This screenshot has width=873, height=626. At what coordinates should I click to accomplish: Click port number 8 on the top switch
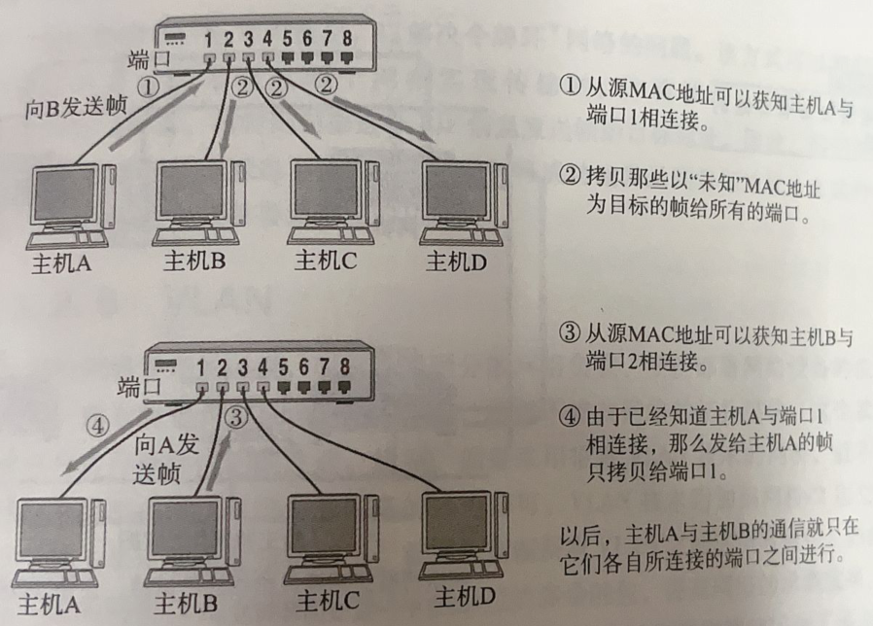point(347,38)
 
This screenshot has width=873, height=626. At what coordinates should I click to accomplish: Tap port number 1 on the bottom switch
point(201,367)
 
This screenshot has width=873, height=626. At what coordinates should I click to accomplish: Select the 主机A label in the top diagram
point(62,262)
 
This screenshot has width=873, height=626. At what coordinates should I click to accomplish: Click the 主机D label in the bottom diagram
point(465,597)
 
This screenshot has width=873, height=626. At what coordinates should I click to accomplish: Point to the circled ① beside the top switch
point(148,87)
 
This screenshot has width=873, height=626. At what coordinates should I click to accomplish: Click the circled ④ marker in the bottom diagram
point(97,426)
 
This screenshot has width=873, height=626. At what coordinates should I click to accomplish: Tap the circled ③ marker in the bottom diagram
point(236,417)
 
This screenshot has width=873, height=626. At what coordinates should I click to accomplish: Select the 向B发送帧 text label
point(76,107)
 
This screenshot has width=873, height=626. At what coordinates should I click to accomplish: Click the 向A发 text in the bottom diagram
point(166,445)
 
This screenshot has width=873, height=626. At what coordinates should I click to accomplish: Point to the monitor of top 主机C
point(325,192)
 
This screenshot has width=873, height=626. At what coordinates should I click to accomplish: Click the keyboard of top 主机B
point(196,237)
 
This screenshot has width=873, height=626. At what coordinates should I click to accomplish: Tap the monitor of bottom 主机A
point(52,532)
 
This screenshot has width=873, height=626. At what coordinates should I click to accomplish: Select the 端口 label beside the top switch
point(148,59)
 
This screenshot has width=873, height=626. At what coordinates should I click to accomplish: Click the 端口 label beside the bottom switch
point(139,386)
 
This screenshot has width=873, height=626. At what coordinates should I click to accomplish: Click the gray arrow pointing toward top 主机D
point(384,120)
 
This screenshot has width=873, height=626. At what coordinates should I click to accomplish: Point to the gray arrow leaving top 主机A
point(157,116)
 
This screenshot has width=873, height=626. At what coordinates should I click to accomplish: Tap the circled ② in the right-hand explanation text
point(570,176)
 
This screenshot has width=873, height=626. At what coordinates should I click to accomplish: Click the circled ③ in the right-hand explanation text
point(570,333)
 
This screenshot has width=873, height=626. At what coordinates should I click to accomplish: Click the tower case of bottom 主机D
point(501,525)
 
